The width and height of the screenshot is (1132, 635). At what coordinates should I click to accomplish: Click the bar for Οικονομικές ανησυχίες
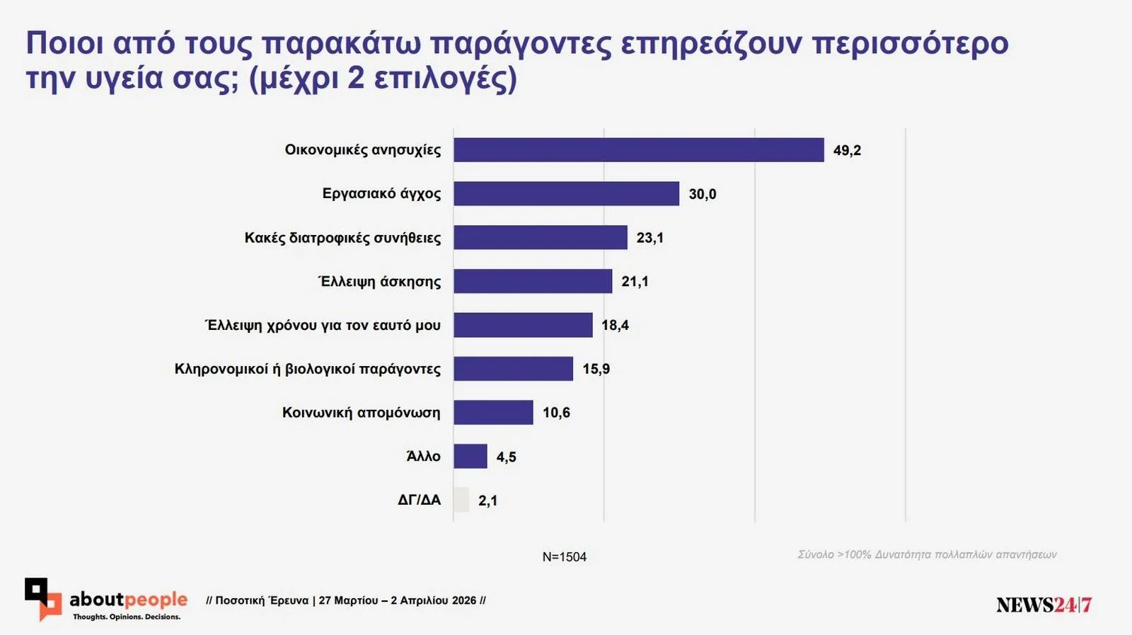point(638,150)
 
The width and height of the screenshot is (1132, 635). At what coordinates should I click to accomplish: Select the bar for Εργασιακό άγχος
point(566,194)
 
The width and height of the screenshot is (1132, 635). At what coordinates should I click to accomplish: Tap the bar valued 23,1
point(540,238)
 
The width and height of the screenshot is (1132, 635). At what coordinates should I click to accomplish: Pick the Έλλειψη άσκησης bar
point(532,282)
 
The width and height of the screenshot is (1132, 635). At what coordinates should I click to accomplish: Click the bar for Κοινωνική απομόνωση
point(493,413)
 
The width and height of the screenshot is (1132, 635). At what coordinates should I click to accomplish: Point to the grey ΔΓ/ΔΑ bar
point(461,500)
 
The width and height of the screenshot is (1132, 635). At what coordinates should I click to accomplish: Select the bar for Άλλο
point(470,457)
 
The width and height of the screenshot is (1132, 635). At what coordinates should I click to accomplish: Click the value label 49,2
point(847,151)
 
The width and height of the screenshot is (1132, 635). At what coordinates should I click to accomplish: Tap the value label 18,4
point(615,326)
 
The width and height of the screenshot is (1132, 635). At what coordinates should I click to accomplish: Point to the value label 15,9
point(596,370)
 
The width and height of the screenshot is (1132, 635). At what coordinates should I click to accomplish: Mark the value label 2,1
point(487,501)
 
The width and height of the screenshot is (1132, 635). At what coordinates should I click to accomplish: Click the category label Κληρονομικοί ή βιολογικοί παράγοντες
point(307,370)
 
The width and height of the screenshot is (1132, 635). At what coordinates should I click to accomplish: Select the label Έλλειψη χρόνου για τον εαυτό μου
point(323,326)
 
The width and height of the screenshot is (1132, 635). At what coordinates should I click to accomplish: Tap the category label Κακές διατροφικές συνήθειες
point(342,238)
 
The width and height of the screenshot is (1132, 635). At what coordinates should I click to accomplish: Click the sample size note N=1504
point(564,557)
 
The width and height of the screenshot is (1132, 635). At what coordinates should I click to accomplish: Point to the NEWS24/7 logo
point(1044,605)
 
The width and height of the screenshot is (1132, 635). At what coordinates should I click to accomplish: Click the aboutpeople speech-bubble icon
point(43,599)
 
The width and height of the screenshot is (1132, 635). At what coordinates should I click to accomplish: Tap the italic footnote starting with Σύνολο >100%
point(927,555)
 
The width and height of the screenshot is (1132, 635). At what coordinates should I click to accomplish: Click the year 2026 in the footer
point(463,601)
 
